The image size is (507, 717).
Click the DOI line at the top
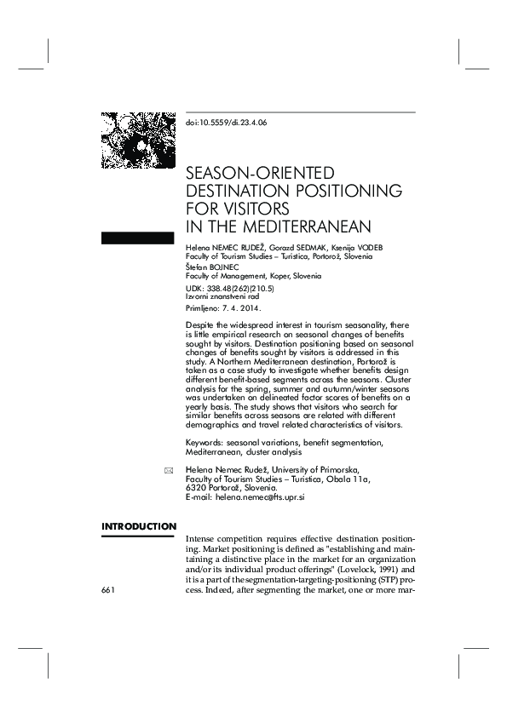click(x=226, y=123)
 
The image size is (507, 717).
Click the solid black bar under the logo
click(x=137, y=237)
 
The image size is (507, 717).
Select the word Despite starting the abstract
click(x=199, y=325)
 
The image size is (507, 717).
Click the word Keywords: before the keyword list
click(x=205, y=443)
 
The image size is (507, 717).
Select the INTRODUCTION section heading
click(x=138, y=526)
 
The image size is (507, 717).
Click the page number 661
click(x=108, y=589)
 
